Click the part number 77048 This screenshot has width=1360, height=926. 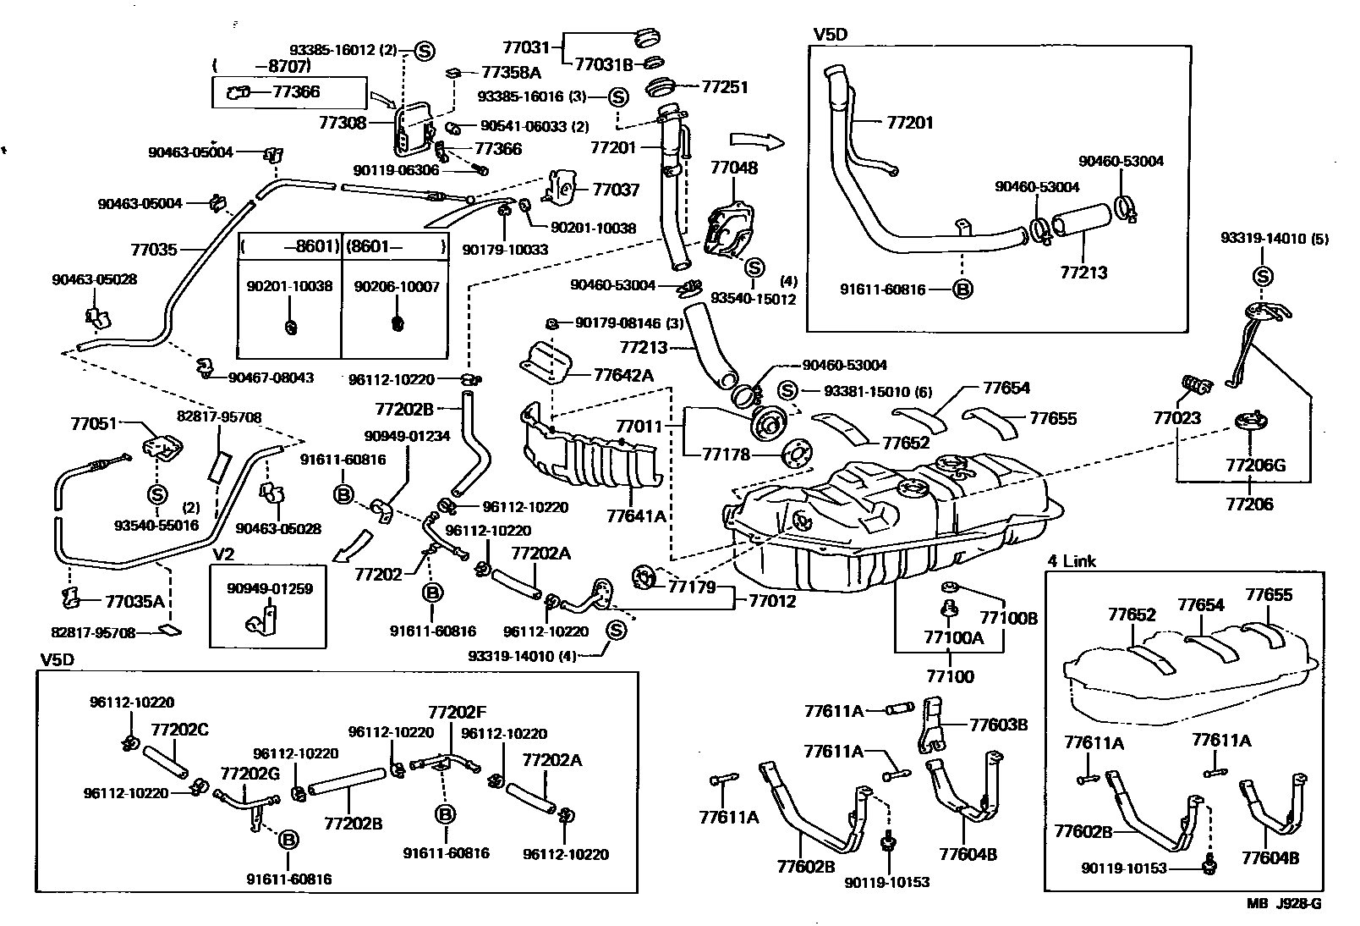(733, 168)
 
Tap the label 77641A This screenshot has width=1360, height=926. (636, 515)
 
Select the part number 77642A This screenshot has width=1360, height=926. (623, 375)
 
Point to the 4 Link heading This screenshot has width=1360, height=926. (1071, 561)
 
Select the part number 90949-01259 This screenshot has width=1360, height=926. (269, 588)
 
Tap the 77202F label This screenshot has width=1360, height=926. (457, 713)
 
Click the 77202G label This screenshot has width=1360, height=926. (250, 773)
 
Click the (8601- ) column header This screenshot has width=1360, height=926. (395, 247)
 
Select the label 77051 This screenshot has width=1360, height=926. (93, 424)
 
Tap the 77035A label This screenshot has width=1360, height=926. (135, 602)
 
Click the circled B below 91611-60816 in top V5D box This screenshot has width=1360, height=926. (962, 289)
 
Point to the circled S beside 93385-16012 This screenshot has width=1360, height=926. (425, 51)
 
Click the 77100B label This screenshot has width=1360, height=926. (1008, 618)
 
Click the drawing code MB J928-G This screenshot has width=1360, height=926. (1282, 903)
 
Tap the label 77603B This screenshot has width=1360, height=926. (998, 725)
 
